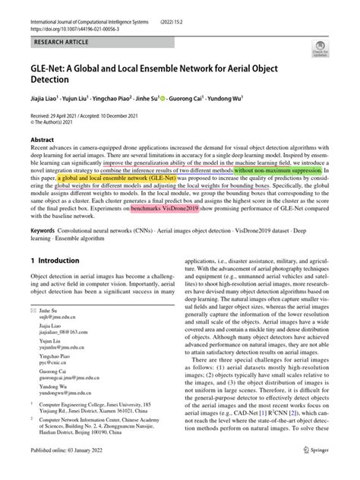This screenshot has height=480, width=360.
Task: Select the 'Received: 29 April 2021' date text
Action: click(55, 116)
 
